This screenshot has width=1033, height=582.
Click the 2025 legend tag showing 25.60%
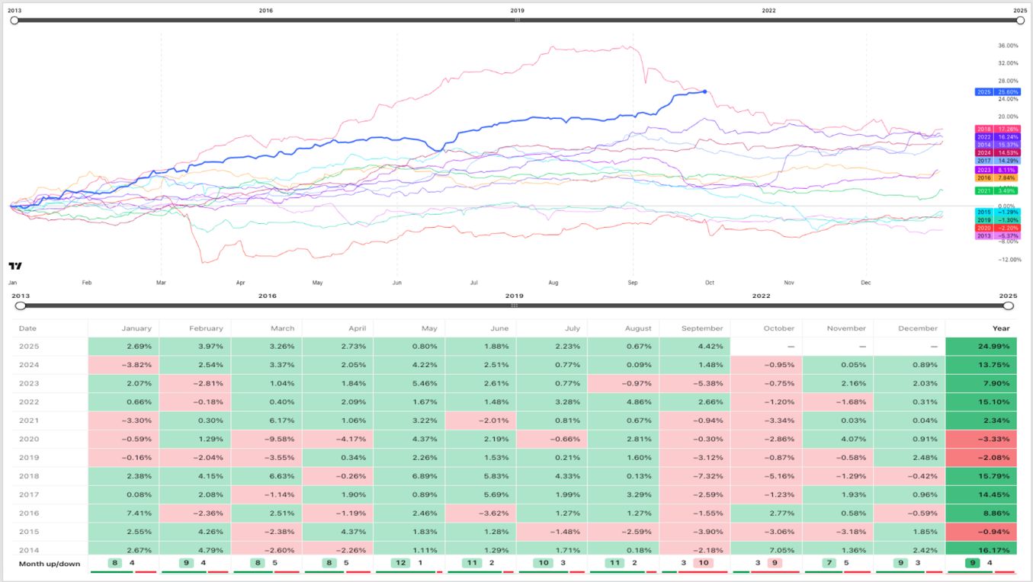997,92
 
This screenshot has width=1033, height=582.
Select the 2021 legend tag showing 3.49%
997,190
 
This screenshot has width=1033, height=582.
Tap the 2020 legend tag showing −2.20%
997,228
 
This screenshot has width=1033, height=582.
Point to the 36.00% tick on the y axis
1008,46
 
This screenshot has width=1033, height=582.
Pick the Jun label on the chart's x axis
396,282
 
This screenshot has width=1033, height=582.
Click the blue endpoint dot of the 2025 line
704,91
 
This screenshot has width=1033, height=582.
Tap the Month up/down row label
50,564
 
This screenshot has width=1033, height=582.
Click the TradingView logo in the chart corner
15,266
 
